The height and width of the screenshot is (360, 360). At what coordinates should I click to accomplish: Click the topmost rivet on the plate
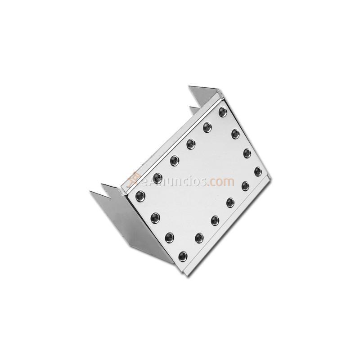222,111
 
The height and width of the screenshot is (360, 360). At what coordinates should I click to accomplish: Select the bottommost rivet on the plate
183,256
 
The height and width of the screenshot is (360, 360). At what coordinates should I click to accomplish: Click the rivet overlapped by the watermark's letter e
157,175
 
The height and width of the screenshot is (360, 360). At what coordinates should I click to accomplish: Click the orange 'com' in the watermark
221,182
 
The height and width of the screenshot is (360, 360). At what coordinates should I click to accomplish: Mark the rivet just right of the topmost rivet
235,133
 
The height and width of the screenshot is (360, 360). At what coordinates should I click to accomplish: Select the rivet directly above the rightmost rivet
247,152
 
